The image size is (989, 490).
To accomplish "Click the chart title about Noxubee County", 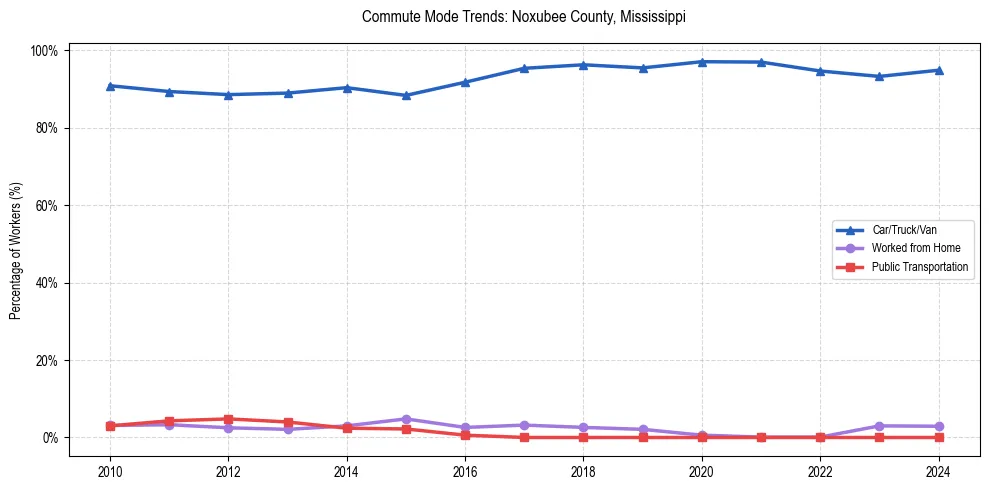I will click(524, 17).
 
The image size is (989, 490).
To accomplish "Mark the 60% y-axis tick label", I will click(48, 206).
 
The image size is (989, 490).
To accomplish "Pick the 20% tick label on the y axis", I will click(48, 361).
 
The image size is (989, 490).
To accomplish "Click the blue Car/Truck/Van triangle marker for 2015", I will click(406, 96).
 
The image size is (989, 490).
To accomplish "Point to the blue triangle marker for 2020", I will click(702, 62).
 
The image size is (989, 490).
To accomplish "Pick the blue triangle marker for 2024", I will click(938, 70).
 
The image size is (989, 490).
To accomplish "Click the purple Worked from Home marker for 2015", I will click(406, 419).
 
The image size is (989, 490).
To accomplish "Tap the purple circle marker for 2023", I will click(879, 426).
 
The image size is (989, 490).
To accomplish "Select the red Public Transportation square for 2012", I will click(228, 419).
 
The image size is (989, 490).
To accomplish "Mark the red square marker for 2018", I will click(583, 437).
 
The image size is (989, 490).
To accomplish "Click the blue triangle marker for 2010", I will click(110, 86).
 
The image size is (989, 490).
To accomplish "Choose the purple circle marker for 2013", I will click(288, 429).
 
